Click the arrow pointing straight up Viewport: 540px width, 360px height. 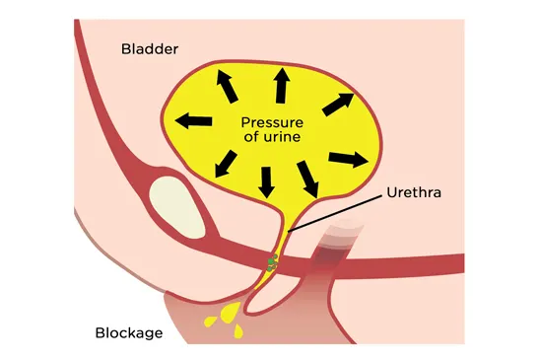281,86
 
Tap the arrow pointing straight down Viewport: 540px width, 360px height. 266,180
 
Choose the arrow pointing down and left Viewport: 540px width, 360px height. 225,162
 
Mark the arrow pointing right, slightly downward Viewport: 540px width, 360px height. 347,158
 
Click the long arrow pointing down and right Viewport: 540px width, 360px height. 308,179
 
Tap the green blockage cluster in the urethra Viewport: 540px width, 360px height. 272,260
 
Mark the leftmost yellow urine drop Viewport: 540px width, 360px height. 210,321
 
